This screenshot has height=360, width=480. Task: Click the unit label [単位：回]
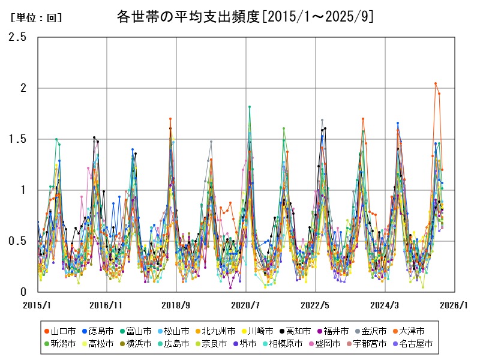click(37, 18)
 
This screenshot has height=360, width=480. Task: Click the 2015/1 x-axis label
click(37, 305)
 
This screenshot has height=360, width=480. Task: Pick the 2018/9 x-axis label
click(176, 305)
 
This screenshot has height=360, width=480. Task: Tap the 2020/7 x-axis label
click(245, 305)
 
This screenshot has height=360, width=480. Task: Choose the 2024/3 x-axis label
click(385, 305)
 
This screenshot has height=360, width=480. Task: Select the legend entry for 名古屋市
click(416, 344)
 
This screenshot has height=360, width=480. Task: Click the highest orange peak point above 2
click(436, 83)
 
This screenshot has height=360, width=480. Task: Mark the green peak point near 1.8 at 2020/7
click(250, 107)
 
